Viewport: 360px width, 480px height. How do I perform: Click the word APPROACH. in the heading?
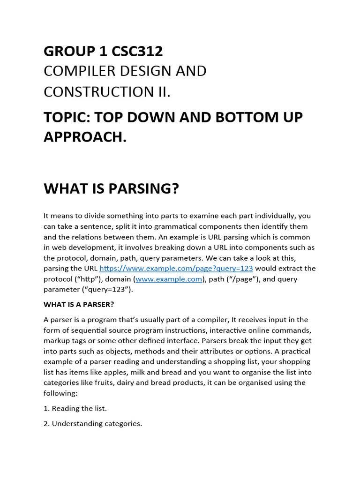[x=85, y=137]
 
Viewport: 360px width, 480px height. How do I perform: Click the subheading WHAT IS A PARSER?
[x=79, y=304]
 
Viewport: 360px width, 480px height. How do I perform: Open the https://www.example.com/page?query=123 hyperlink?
[x=176, y=269]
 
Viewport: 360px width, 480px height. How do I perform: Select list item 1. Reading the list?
[x=75, y=408]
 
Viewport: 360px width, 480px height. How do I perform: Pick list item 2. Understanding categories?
[x=93, y=424]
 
